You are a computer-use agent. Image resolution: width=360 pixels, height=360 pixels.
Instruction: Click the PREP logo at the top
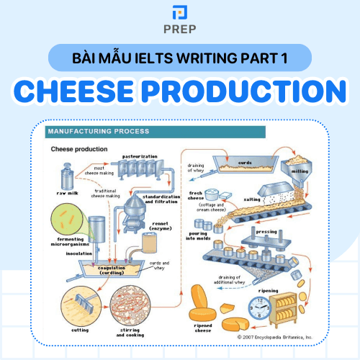pyautogui.click(x=180, y=21)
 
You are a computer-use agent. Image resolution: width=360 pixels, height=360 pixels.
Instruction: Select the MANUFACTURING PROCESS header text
pyautogui.click(x=98, y=132)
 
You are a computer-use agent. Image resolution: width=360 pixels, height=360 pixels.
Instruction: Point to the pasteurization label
pyautogui.click(x=139, y=156)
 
